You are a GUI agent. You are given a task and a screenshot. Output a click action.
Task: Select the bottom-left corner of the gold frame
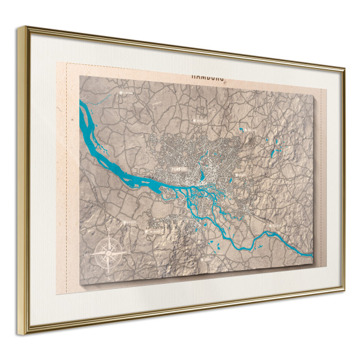point(26,333)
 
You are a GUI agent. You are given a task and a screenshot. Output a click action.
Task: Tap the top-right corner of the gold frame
point(344,67)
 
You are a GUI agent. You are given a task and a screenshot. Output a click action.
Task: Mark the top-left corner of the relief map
point(80,77)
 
